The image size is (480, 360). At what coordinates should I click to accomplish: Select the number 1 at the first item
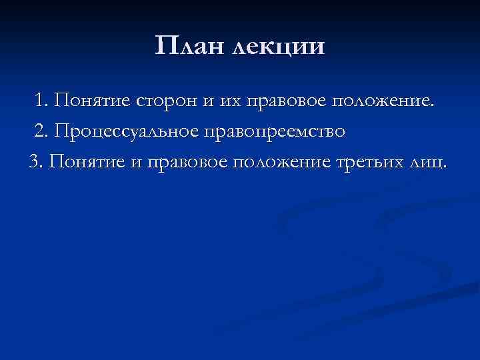pyautogui.click(x=42, y=101)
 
